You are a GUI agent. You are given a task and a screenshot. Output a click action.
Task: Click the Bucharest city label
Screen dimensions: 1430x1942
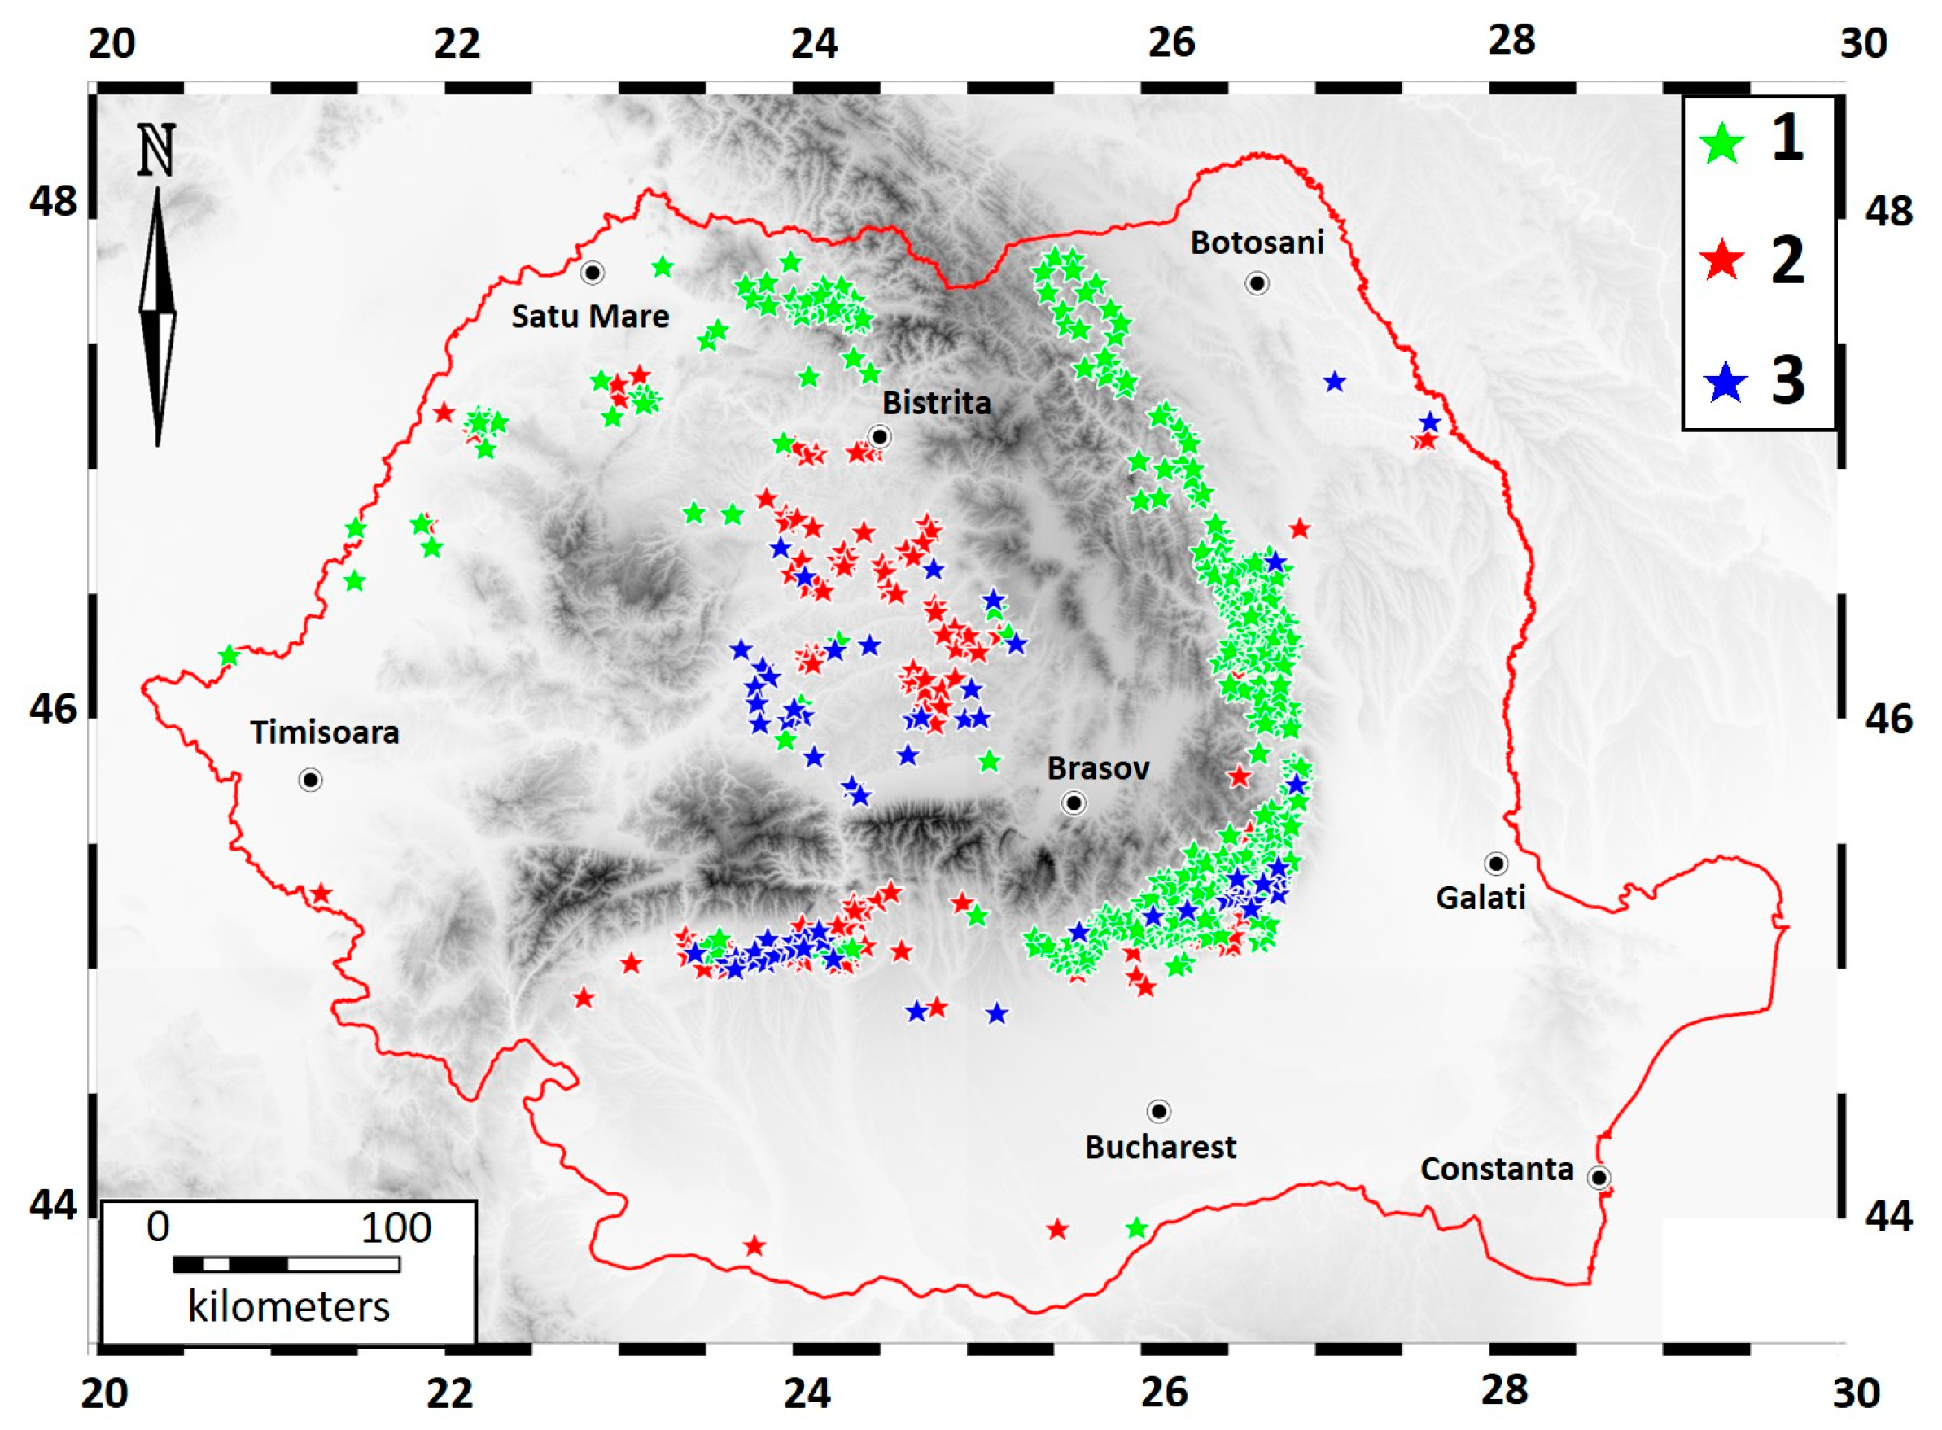pos(1160,1147)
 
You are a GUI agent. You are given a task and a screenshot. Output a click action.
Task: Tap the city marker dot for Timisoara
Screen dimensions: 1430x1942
pos(311,780)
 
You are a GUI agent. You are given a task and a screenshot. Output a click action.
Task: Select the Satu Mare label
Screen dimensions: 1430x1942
pos(590,317)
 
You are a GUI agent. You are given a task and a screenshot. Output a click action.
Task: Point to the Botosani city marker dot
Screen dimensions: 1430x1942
pos(1257,283)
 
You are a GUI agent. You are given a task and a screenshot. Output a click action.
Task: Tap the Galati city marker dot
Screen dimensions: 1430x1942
pos(1495,863)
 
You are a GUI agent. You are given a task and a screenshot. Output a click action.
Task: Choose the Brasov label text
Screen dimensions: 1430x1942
pos(1098,767)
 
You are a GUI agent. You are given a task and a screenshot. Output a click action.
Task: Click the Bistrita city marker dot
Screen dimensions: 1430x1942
pos(879,437)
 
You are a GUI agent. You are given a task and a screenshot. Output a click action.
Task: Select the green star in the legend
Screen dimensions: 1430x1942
pos(1723,142)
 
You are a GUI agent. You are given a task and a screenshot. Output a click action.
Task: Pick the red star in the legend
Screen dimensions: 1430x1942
pos(1723,260)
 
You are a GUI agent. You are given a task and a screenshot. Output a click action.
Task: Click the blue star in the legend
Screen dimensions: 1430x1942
pos(1725,382)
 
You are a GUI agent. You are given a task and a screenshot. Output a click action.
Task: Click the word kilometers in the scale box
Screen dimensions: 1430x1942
pos(288,1307)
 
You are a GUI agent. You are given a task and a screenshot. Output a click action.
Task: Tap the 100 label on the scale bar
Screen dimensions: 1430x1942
pos(396,1227)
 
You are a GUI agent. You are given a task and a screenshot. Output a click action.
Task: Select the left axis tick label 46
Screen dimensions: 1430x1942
pos(53,709)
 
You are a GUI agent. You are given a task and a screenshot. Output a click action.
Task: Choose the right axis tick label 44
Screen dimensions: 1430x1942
pos(1888,1216)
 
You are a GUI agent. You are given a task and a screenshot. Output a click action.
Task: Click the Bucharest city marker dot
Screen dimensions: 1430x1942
pos(1159,1111)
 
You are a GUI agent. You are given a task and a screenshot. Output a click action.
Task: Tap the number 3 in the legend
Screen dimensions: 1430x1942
pos(1788,381)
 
